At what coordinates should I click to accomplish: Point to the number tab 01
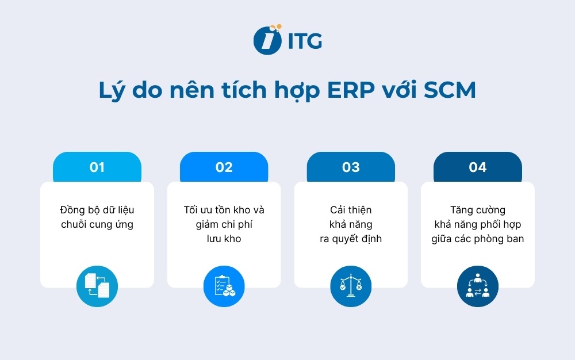[97, 167]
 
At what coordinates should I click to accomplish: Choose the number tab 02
[224, 167]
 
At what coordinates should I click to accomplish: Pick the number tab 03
[351, 167]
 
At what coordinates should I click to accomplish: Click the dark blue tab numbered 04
[478, 167]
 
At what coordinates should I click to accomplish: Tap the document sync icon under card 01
[97, 286]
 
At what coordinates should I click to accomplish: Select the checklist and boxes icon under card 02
[224, 286]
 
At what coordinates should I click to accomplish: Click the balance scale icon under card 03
[351, 286]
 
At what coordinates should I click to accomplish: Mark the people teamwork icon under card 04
[478, 286]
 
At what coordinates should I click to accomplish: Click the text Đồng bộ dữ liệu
[97, 210]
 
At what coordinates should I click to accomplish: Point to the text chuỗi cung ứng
[97, 224]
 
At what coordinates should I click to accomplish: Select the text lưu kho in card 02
[224, 239]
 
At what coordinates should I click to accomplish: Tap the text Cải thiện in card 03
[351, 210]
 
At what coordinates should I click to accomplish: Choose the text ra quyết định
[351, 239]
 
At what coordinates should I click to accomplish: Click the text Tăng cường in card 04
[478, 210]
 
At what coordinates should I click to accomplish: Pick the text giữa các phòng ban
[478, 239]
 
